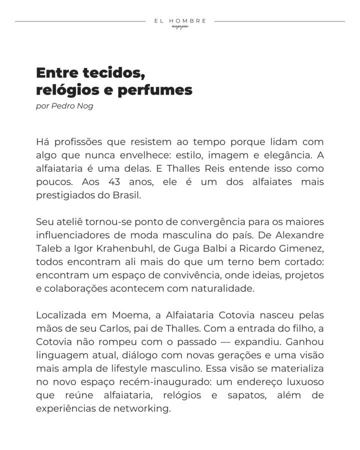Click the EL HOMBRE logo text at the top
tap(179, 21)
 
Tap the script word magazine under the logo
tap(179, 27)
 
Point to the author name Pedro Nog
tap(72, 106)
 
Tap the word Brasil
tap(126, 195)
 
